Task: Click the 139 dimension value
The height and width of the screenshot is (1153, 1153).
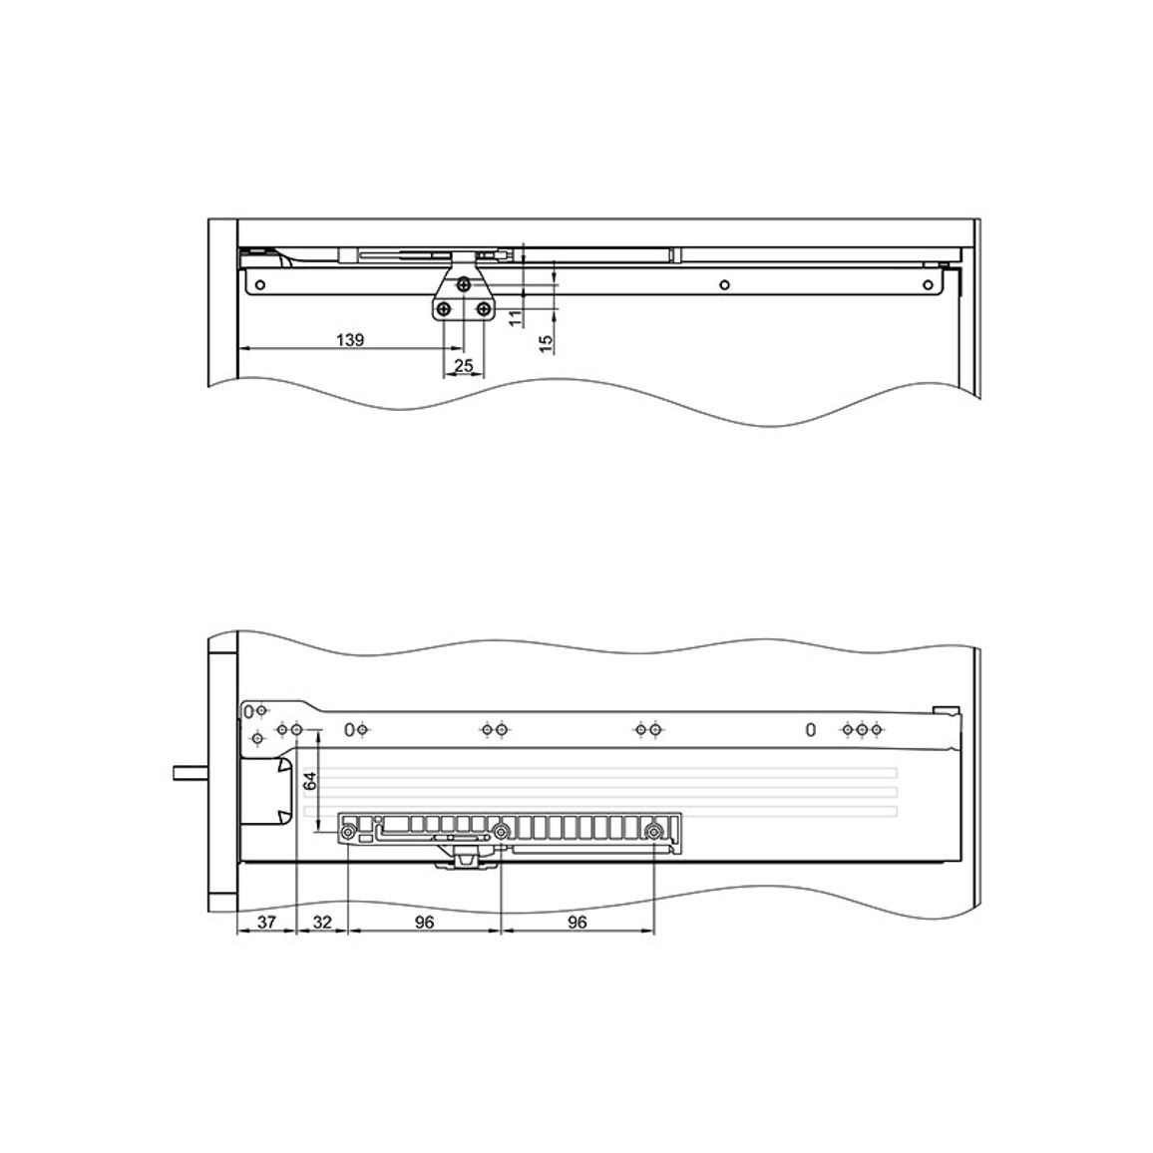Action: click(x=350, y=340)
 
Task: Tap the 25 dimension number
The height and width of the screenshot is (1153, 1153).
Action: click(x=463, y=365)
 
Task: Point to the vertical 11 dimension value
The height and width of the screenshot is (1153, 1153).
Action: click(x=516, y=317)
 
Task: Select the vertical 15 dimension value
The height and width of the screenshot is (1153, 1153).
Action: click(x=546, y=343)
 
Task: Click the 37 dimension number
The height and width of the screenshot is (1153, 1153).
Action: click(x=266, y=922)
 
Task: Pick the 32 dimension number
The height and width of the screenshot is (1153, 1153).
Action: click(x=322, y=922)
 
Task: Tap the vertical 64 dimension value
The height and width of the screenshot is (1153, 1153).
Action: click(x=310, y=781)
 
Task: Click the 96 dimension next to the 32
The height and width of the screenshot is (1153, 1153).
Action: click(x=424, y=922)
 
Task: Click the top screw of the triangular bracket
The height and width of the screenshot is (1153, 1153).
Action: click(x=463, y=284)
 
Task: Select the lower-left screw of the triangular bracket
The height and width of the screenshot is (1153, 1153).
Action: click(x=444, y=309)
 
